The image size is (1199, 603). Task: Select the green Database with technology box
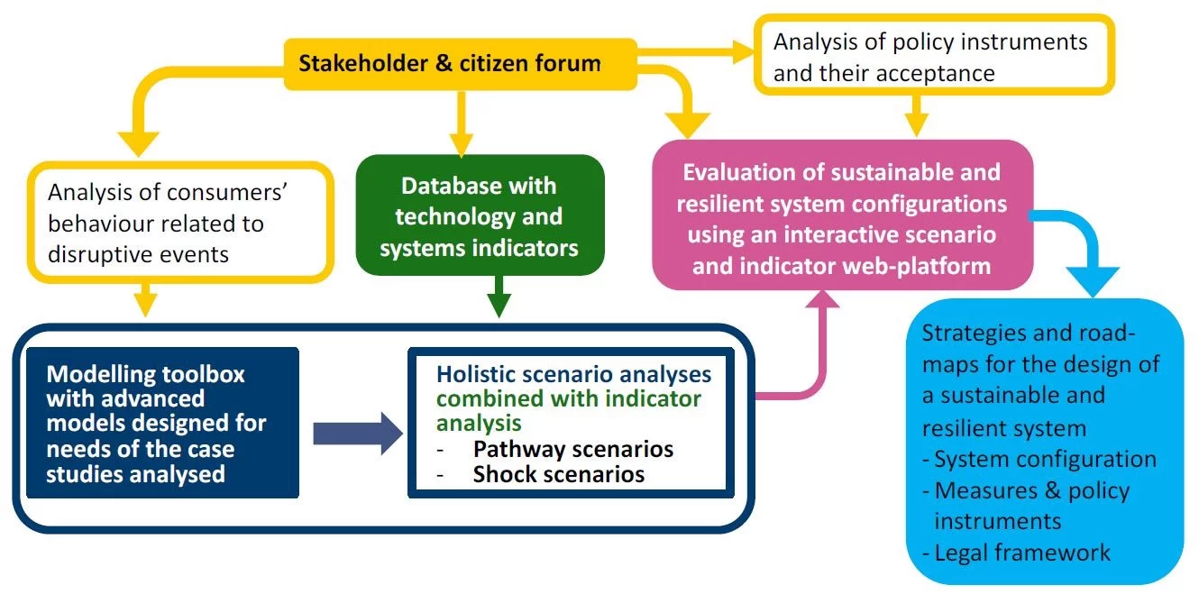(479, 216)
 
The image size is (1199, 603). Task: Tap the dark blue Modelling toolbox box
(162, 424)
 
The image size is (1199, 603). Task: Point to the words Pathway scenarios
(573, 449)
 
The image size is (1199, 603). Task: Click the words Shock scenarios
(558, 474)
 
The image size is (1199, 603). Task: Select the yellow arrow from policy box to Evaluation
(915, 116)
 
